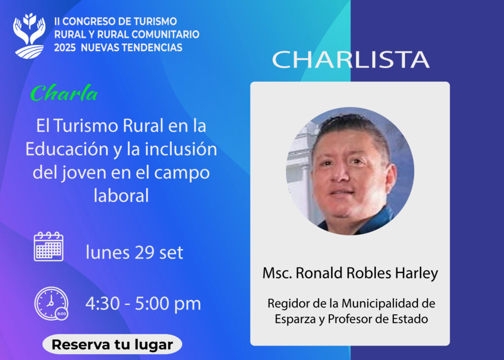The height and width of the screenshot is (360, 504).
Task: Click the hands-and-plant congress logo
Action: [x=29, y=36]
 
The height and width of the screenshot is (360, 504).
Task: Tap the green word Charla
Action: [x=63, y=93]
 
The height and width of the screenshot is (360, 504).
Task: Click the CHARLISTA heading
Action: [x=350, y=60]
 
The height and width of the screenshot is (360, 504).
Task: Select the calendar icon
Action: [x=49, y=246]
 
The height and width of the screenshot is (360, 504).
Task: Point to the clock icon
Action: [x=51, y=303]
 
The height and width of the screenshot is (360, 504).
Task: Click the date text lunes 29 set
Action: [x=134, y=252]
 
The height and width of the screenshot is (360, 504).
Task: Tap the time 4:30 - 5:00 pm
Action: [x=143, y=304]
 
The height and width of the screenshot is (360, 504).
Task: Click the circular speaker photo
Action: [x=350, y=171]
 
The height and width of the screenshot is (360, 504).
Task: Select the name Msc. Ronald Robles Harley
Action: [x=350, y=273]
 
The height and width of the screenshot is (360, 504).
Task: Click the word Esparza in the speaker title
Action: [x=291, y=319]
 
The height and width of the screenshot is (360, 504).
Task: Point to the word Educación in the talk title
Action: [x=67, y=149]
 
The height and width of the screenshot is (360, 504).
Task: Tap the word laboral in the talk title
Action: [x=122, y=196]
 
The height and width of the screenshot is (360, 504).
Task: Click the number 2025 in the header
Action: [x=64, y=48]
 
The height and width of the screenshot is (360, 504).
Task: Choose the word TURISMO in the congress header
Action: [x=155, y=22]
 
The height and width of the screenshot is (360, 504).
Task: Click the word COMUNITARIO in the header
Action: [x=165, y=34]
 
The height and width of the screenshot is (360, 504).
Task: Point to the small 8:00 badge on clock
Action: [x=62, y=314]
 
